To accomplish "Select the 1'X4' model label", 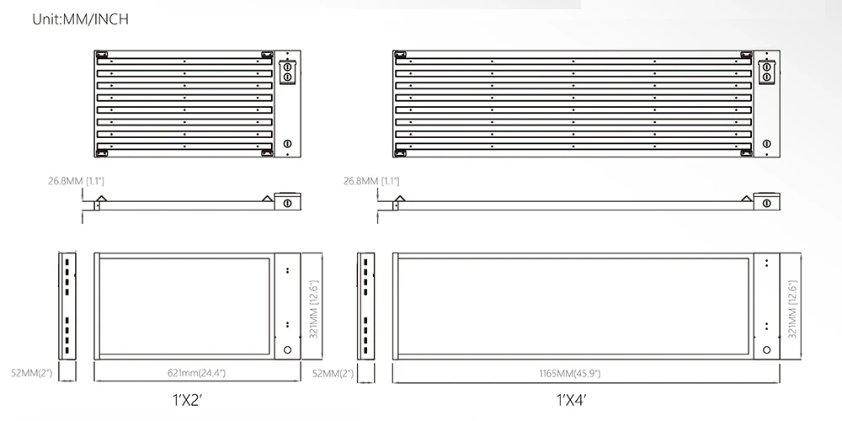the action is [x=570, y=400].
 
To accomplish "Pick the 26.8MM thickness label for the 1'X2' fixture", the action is [x=76, y=181].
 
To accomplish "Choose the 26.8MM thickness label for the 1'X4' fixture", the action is [x=371, y=181].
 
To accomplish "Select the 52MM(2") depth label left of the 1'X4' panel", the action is [x=333, y=372].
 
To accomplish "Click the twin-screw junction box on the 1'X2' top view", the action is [x=287, y=71].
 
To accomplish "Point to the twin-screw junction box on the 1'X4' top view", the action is [x=766, y=71].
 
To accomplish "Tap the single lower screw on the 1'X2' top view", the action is [x=287, y=144].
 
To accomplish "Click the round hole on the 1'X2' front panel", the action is [x=287, y=349].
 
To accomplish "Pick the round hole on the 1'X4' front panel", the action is [x=766, y=349].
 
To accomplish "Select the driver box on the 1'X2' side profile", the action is [x=287, y=202].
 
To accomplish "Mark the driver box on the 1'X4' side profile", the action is [x=766, y=202].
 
